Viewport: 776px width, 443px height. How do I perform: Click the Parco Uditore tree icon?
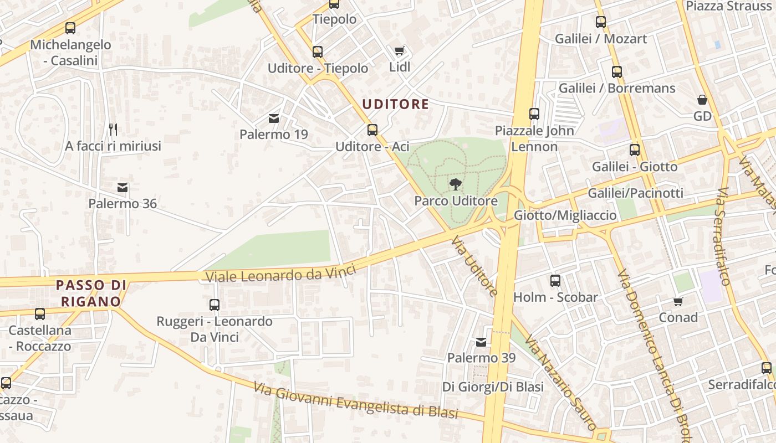[x=456, y=184]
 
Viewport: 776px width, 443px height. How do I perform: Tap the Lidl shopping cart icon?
[x=400, y=51]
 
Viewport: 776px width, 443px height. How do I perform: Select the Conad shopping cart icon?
[x=678, y=301]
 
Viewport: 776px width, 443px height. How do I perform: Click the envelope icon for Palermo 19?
[x=274, y=118]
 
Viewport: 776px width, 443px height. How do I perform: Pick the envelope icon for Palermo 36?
[x=122, y=188]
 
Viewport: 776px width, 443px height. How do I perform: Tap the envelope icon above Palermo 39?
[x=481, y=342]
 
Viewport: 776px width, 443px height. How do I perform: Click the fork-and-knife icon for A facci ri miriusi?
[x=113, y=130]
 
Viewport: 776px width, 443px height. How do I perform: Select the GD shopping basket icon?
[x=702, y=100]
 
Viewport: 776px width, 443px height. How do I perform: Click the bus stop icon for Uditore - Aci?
[x=372, y=130]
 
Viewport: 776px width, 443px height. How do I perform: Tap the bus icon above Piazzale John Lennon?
[x=534, y=114]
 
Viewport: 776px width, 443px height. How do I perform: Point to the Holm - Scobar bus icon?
[x=555, y=281]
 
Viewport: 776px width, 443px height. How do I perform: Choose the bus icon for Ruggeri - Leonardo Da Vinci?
[x=215, y=305]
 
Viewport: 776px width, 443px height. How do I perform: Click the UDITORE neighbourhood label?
[x=396, y=104]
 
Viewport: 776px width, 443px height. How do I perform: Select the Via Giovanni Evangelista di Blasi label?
[x=356, y=401]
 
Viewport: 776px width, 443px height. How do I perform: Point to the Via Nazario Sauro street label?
[x=560, y=382]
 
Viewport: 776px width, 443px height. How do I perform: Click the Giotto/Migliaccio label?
[x=565, y=215]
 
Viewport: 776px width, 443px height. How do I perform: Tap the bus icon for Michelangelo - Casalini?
[x=70, y=28]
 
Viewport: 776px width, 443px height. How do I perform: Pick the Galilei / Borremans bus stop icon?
[x=617, y=72]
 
